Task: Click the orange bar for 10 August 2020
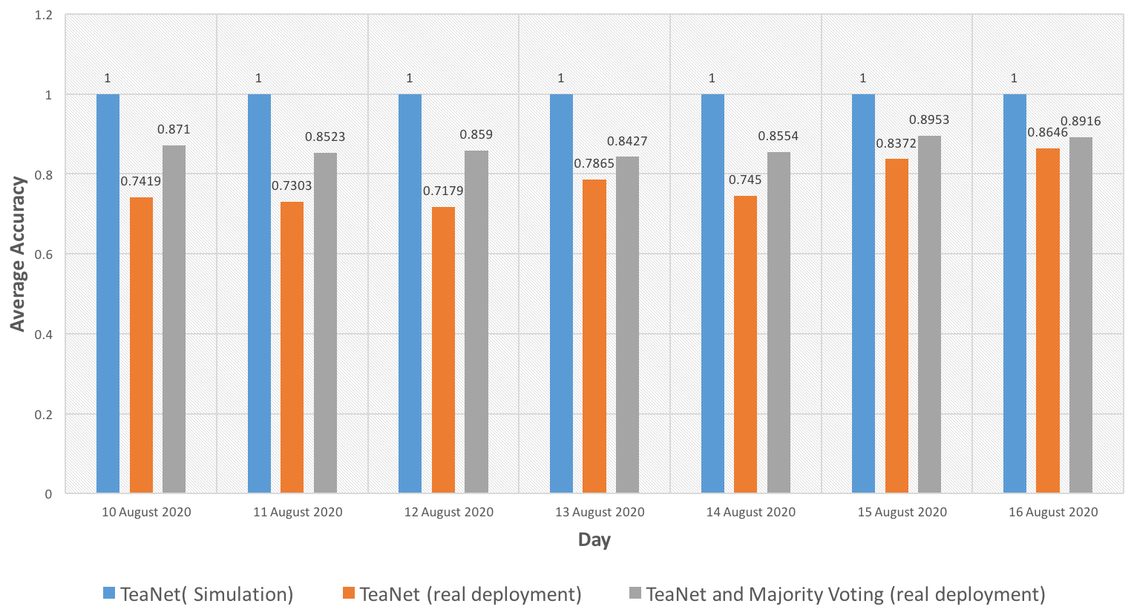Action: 141,345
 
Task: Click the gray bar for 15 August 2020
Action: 929,315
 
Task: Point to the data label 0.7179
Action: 443,191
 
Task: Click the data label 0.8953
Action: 929,119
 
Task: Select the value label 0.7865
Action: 594,163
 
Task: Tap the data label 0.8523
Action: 325,137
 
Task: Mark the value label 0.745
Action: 745,180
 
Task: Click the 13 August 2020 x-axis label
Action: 600,512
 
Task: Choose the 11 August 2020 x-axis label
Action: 298,512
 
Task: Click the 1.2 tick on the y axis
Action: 44,15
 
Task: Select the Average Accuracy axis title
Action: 18,254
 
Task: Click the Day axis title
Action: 594,539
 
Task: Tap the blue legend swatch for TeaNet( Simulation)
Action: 109,593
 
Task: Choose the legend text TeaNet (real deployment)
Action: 471,594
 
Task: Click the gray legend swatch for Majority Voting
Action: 635,593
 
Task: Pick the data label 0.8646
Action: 1048,132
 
